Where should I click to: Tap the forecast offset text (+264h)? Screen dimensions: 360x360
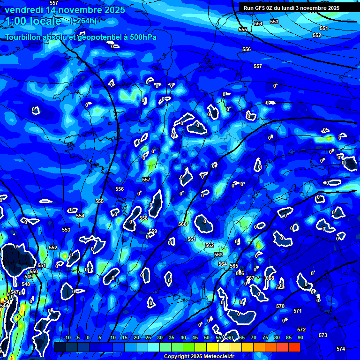[x=83, y=21]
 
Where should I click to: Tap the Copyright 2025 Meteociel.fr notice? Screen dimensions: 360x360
[x=199, y=357]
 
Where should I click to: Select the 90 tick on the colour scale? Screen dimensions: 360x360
[x=300, y=337]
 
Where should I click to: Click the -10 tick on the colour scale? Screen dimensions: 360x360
[x=67, y=337]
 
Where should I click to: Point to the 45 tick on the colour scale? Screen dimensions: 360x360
[x=195, y=337]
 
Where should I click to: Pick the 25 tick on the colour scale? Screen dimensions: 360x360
[x=148, y=337]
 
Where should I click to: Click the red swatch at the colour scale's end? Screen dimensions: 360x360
[x=294, y=347]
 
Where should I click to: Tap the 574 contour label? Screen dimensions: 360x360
[x=341, y=349]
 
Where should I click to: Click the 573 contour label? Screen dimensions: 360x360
[x=323, y=335]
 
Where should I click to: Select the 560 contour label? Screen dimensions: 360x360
[x=182, y=224]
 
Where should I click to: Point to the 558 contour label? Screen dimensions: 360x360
[x=143, y=218]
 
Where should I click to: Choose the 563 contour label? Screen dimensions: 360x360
[x=218, y=255]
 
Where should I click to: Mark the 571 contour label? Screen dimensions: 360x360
[x=298, y=311]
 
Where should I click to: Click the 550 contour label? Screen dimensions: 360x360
[x=34, y=271]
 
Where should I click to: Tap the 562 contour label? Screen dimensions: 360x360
[x=210, y=245]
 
